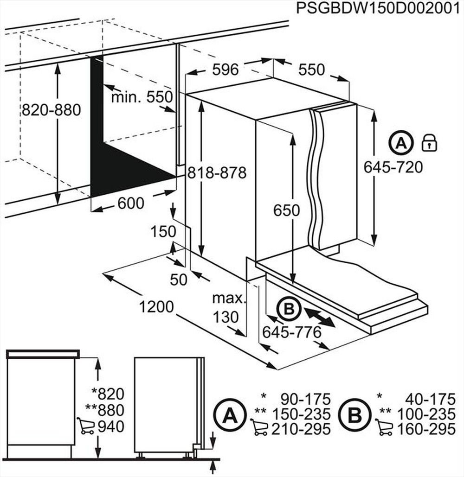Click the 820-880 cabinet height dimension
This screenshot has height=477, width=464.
(51, 110)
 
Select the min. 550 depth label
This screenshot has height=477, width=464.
(142, 97)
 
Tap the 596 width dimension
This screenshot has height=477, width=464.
(225, 70)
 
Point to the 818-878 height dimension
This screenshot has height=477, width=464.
(217, 173)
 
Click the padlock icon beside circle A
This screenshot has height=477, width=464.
(429, 143)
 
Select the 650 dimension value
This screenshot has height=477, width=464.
(286, 210)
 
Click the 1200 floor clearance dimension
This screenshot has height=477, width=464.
(157, 306)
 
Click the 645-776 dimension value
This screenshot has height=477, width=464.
(291, 332)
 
